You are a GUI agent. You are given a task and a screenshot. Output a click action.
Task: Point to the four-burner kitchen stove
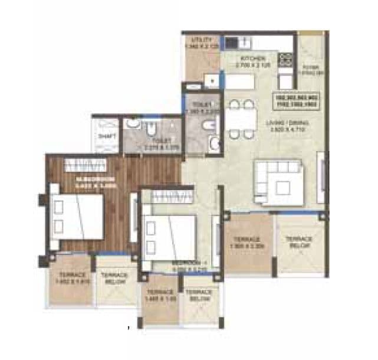(x=286, y=59)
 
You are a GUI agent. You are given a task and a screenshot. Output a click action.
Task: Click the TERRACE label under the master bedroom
(x=71, y=278)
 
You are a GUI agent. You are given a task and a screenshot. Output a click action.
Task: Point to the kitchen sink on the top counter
(x=245, y=42)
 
